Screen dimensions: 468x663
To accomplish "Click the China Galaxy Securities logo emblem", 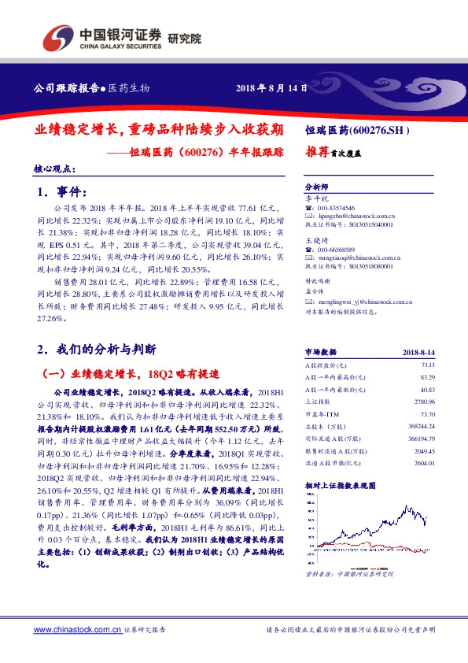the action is pos(56,37).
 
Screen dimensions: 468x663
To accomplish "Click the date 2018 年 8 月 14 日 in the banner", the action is pos(271,88).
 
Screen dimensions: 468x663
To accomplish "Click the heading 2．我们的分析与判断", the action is pos(97,348).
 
